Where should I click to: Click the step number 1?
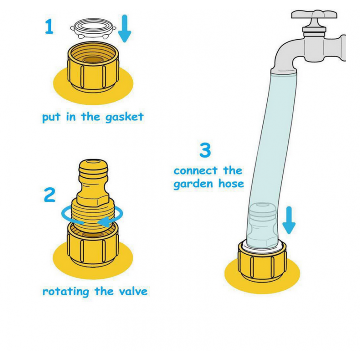coord(49,27)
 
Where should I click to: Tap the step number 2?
coord(49,195)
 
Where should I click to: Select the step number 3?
coord(205,150)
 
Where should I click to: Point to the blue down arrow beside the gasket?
coord(125,28)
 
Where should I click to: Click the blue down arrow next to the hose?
coord(289,220)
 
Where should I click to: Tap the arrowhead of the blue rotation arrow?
coord(103,222)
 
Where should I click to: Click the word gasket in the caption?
coord(125,117)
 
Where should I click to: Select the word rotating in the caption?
coord(66,292)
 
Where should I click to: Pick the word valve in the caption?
coord(133,291)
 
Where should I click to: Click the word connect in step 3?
coord(195,171)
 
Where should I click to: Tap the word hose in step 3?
coord(231,184)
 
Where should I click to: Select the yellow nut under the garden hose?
coord(262,261)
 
